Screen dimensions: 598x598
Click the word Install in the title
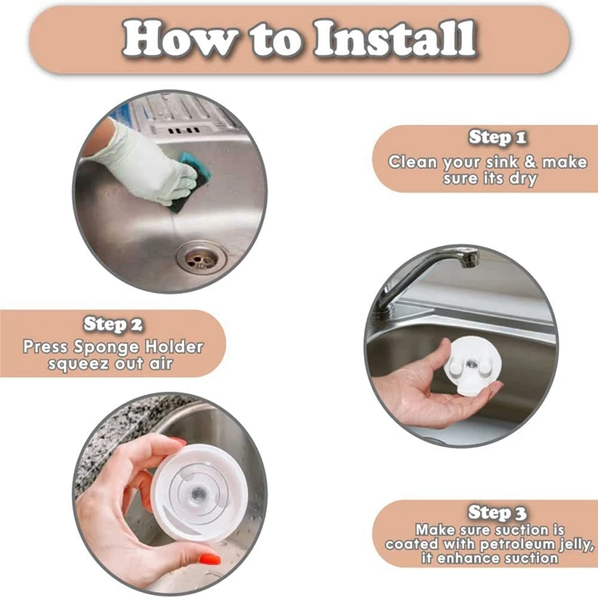pos(395,39)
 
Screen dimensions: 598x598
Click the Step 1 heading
pos(498,137)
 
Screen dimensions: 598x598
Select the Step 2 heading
pos(113,324)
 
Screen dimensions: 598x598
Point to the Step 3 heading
pos(497,512)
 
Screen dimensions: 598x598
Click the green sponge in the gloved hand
pos(190,180)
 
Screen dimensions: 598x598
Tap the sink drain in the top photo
pos(201,257)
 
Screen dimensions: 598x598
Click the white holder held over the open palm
pos(472,365)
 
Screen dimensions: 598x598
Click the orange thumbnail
pos(209,559)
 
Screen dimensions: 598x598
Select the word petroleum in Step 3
pos(519,545)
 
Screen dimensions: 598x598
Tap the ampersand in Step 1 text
pos(530,161)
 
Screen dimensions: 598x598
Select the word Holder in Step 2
pos(174,346)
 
